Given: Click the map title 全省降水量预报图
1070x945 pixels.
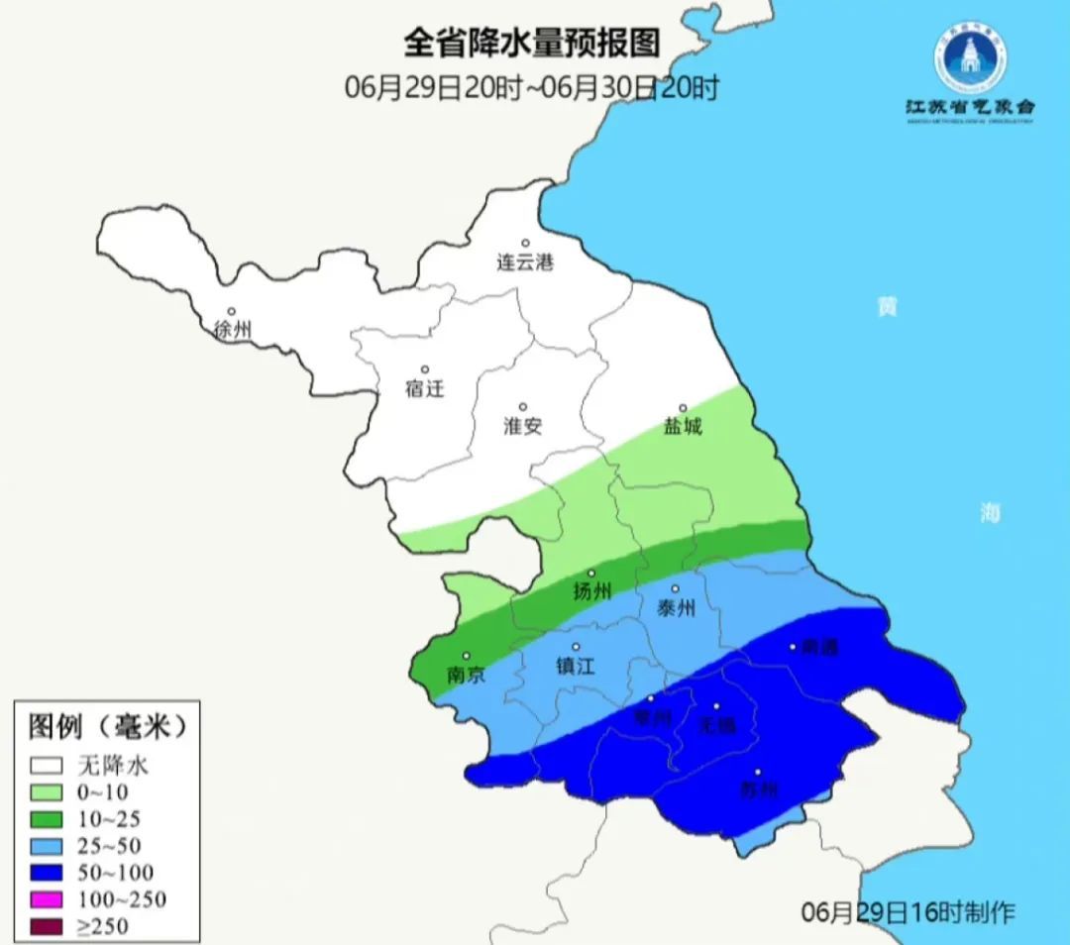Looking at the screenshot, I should (x=531, y=44).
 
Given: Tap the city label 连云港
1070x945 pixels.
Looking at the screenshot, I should (x=525, y=262).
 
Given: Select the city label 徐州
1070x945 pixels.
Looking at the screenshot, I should (x=233, y=331).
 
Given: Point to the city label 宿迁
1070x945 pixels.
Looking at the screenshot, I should (x=424, y=388).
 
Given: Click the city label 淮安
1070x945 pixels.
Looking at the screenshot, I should (x=522, y=426).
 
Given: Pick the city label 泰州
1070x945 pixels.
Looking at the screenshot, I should (x=678, y=608).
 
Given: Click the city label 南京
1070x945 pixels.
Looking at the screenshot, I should (x=466, y=675).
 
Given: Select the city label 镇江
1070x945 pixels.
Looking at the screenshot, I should (x=575, y=667).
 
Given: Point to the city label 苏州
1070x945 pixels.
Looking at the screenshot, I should (x=759, y=790).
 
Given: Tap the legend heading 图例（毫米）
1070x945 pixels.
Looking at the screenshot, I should (x=107, y=728).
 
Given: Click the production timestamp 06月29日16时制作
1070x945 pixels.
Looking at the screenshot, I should (x=909, y=912).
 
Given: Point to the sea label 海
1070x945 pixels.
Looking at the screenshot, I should (x=990, y=512).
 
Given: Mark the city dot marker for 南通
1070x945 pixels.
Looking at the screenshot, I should (x=793, y=647).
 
